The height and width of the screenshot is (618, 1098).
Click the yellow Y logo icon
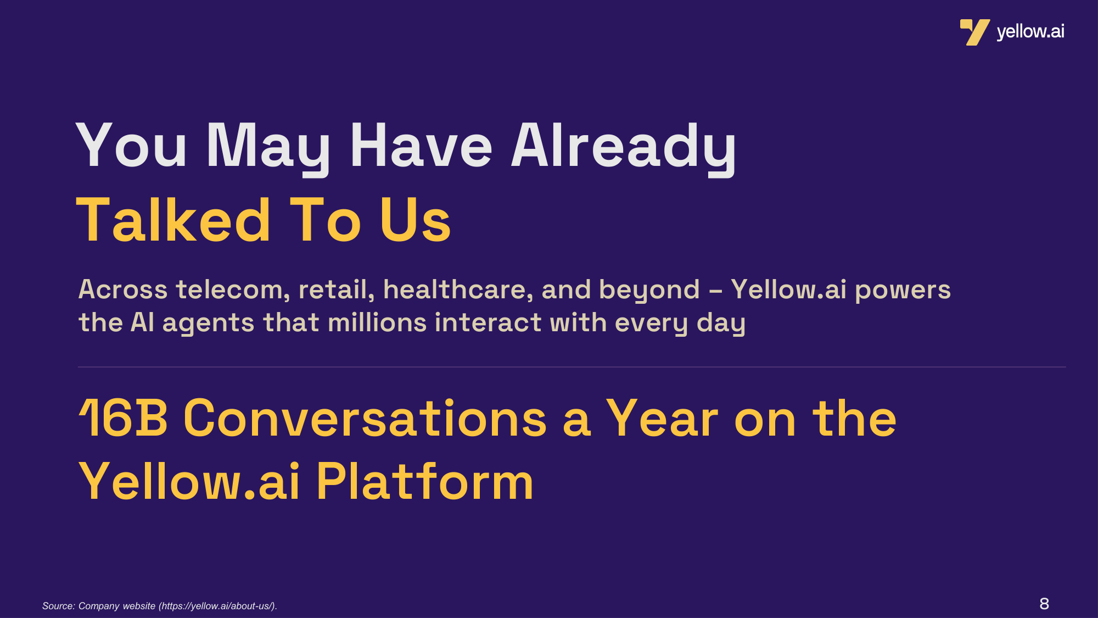(x=974, y=32)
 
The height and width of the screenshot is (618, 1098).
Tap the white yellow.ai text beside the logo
(x=1030, y=32)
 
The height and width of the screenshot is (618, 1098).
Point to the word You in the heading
(x=132, y=145)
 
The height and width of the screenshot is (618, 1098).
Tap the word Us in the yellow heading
(x=416, y=220)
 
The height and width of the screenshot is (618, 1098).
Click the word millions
(x=377, y=322)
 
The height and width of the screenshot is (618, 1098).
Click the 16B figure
(x=123, y=419)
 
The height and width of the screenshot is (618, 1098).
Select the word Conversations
(x=366, y=419)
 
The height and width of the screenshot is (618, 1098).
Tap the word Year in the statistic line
(x=662, y=419)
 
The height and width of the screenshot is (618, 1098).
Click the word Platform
(x=425, y=482)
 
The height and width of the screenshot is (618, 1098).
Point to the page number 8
(x=1044, y=604)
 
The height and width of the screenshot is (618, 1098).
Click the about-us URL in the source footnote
(x=217, y=606)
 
